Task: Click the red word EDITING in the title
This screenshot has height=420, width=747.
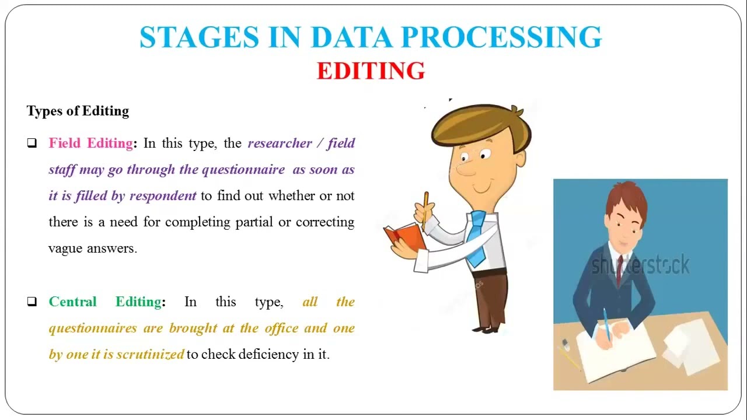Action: click(371, 71)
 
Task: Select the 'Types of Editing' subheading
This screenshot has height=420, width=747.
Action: click(78, 111)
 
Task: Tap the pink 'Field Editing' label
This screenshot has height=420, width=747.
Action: click(91, 143)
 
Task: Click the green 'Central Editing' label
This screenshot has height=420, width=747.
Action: click(105, 302)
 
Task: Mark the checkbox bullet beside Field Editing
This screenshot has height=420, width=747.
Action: click(32, 143)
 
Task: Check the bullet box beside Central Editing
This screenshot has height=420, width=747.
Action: click(32, 302)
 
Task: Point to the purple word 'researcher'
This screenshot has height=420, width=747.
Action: click(280, 143)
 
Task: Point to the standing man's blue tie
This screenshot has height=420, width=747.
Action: click(477, 239)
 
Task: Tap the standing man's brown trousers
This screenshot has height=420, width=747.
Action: click(490, 297)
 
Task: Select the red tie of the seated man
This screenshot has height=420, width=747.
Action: click(620, 269)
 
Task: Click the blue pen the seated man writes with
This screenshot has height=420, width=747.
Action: click(607, 324)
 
